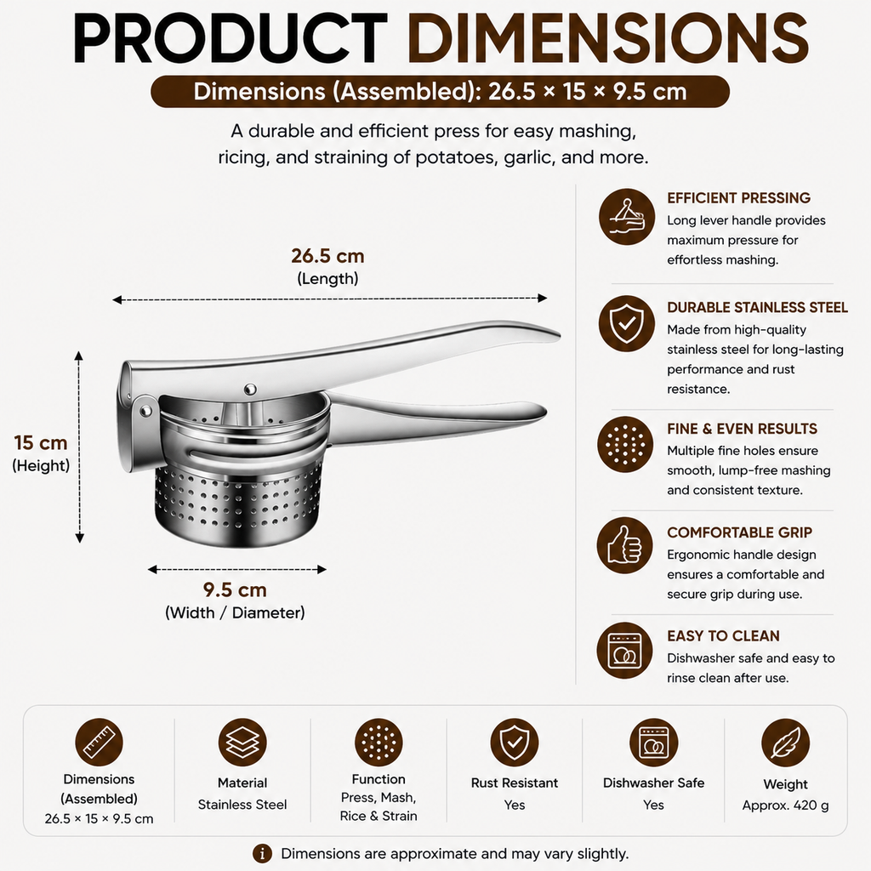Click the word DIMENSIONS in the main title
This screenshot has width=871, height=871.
pos(607,38)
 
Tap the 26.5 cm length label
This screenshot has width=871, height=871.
pos(327,255)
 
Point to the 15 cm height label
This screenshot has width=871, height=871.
pos(41,442)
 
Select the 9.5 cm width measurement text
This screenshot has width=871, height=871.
pos(235,589)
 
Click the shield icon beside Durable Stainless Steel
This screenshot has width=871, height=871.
pos(627,323)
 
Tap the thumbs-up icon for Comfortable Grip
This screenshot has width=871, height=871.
pos(625,545)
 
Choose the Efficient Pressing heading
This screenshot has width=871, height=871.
pos(738,197)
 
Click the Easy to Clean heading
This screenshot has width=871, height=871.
pos(723,635)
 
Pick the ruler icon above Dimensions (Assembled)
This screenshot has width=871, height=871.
pos(99,742)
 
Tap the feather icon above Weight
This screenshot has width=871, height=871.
pos(785,743)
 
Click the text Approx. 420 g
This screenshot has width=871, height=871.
pos(785,805)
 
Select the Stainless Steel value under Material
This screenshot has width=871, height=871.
pos(242,805)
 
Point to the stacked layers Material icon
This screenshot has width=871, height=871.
pos(242,742)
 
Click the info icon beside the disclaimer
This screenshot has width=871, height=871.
pos(262,853)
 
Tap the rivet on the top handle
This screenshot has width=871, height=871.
pos(251,388)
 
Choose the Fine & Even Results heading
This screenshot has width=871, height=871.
pos(742,429)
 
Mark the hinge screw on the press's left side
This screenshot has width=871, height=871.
pos(146,411)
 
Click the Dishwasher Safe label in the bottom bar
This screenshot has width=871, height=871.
pos(653,783)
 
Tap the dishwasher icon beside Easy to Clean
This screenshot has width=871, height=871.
pos(625,650)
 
